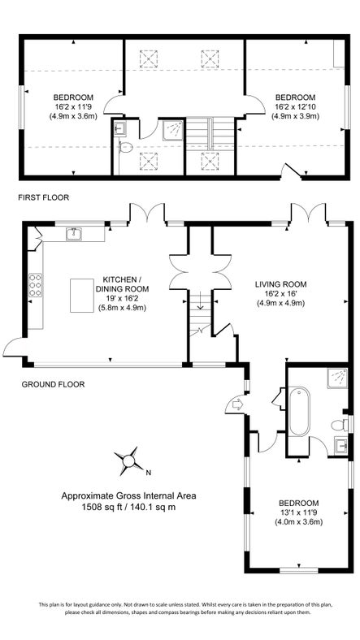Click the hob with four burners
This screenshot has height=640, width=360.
pyautogui.click(x=37, y=285)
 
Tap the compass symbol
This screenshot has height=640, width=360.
pyautogui.click(x=128, y=462)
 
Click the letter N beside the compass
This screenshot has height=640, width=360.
pyautogui.click(x=147, y=470)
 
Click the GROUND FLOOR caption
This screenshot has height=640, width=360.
pyautogui.click(x=53, y=384)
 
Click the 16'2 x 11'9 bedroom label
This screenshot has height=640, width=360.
pyautogui.click(x=73, y=106)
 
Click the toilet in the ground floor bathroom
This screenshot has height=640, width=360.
pyautogui.click(x=339, y=424)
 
